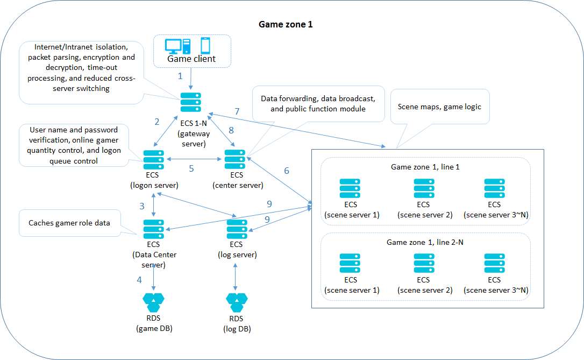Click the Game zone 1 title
(286, 24)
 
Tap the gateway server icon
(191, 102)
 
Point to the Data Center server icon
(154, 229)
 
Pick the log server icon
(237, 229)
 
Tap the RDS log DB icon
(237, 302)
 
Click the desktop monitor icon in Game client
(174, 46)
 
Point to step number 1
(181, 76)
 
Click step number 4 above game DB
(140, 280)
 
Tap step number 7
(237, 111)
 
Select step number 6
(287, 171)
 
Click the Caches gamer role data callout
(69, 223)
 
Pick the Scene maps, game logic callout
(439, 107)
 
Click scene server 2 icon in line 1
(424, 188)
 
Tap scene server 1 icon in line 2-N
(351, 263)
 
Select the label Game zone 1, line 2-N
(425, 242)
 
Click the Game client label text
(191, 59)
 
